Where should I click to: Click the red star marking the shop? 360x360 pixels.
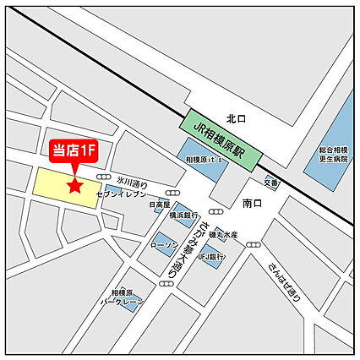point(75,185)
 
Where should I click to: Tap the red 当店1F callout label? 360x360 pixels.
point(74,151)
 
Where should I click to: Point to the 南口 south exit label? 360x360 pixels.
point(253,204)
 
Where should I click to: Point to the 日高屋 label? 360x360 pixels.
point(158,205)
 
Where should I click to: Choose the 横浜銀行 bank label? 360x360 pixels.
point(183,215)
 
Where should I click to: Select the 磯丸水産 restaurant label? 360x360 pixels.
point(225,234)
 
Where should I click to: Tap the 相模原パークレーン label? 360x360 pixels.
point(119,296)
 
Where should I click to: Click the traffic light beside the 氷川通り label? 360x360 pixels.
point(104,177)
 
